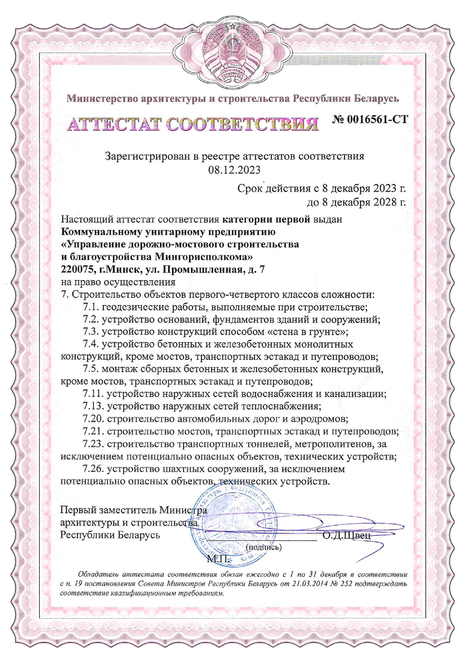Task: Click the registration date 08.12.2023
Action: [234, 170]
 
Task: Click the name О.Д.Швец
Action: [346, 535]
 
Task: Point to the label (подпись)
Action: [263, 547]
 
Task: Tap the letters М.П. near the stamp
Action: [218, 559]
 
